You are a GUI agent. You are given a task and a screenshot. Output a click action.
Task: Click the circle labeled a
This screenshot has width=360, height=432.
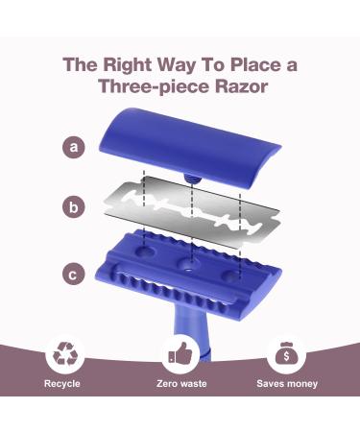(74, 147)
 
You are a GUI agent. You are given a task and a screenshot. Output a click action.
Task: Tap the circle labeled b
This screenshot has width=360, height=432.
(74, 206)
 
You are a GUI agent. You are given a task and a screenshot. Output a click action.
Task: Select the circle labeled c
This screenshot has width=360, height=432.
(74, 275)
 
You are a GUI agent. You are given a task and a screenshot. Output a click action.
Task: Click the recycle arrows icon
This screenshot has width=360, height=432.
(65, 353)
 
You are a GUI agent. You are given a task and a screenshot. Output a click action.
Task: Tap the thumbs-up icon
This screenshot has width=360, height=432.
(180, 352)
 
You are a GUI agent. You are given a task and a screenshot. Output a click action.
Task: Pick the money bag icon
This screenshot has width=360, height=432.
(286, 353)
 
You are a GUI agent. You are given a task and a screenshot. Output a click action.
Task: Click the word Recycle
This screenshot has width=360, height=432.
(62, 383)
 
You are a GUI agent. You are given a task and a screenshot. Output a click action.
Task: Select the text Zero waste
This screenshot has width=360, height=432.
(181, 383)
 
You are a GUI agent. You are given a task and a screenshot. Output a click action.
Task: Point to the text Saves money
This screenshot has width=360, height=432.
(287, 383)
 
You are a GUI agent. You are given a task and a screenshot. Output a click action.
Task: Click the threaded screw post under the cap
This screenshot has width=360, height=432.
(192, 179)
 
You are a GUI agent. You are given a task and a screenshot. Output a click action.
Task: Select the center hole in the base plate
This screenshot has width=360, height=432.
(189, 264)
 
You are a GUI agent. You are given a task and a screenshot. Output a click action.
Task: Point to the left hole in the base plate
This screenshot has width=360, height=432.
(145, 251)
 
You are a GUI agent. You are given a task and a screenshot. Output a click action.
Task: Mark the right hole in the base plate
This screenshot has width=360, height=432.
(232, 275)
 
